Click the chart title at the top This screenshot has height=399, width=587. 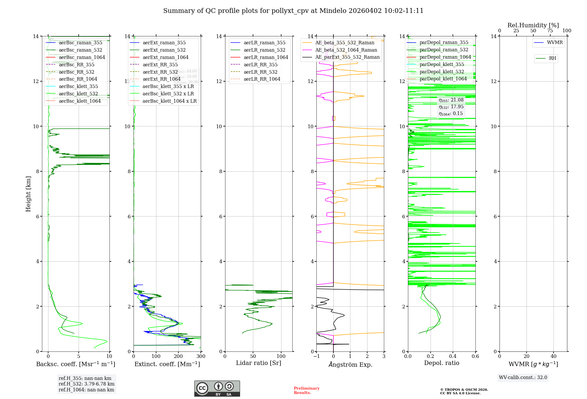(x=293, y=11)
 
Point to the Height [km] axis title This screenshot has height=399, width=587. (x=28, y=194)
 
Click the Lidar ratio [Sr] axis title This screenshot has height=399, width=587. (x=259, y=363)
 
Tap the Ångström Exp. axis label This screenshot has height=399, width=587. (x=350, y=364)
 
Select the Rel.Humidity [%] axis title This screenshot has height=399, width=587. (x=533, y=25)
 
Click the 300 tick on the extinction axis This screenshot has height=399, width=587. (x=201, y=356)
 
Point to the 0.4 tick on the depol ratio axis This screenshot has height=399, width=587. (x=453, y=356)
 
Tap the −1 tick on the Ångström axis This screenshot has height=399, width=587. (x=316, y=356)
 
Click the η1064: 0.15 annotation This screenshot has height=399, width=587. (x=451, y=114)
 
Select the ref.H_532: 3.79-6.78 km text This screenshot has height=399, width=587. (x=87, y=384)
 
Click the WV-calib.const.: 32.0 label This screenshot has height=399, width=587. (x=523, y=377)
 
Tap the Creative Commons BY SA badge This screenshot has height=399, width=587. (x=217, y=389)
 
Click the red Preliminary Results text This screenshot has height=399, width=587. (x=307, y=390)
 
